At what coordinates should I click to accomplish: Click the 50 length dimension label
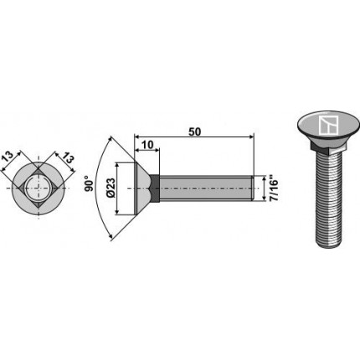point(194,131)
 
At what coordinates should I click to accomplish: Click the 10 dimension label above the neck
point(147,145)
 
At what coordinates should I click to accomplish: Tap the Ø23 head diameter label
point(111,188)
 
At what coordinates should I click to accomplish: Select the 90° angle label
point(89,183)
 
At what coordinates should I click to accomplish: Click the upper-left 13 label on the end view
point(8,157)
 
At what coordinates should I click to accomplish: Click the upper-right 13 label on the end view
point(68,158)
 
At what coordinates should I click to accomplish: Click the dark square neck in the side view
point(154,188)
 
